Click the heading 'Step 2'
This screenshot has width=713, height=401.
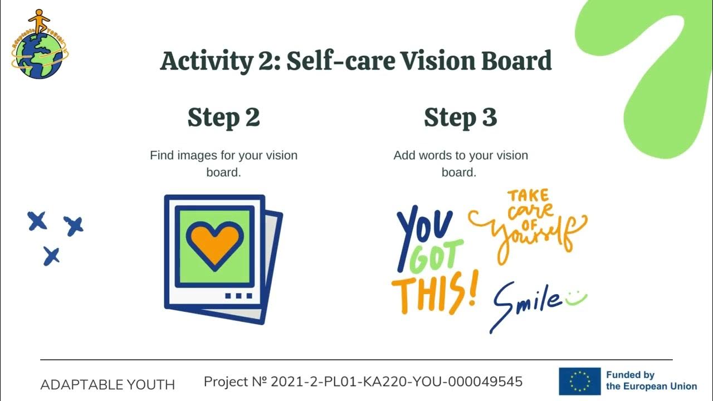pos(223,118)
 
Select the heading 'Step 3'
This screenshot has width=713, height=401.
pos(460,118)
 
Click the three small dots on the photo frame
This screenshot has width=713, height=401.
pos(238,296)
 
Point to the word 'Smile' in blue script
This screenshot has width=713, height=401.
pos(526,304)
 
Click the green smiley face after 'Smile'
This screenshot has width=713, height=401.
pos(577,299)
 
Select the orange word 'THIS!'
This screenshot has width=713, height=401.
pos(434,293)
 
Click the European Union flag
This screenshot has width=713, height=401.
pos(579,381)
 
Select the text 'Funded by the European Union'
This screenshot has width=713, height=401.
pos(651,381)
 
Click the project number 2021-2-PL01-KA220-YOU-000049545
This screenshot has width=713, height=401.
pos(363,382)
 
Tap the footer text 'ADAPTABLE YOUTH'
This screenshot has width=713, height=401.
pos(108,385)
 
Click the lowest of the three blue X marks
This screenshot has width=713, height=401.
pos(51,256)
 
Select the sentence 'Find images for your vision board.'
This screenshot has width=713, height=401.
pos(223,163)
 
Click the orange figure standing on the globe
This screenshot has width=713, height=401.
pos(38,21)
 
